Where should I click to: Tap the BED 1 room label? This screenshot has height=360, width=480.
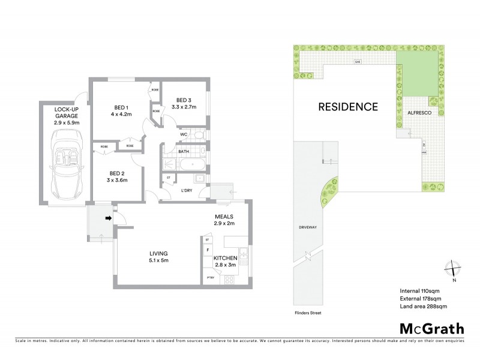(120, 107)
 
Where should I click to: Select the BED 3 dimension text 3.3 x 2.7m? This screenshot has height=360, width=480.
(185, 107)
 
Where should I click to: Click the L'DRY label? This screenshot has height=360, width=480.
(187, 191)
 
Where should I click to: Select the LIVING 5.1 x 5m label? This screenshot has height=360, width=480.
(158, 257)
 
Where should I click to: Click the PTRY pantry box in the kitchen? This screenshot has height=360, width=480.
(210, 278)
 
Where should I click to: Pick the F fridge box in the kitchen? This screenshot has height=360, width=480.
(208, 249)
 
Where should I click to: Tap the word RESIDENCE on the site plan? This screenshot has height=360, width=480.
(347, 107)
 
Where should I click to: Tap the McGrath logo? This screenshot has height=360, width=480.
(431, 328)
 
